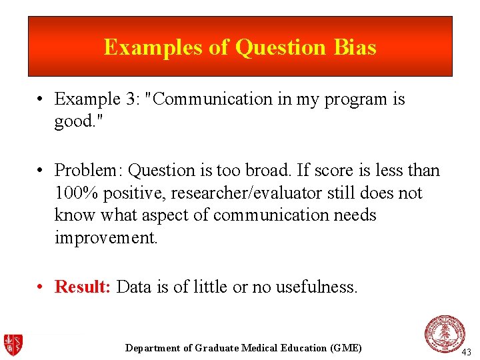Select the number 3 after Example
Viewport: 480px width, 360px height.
(131, 99)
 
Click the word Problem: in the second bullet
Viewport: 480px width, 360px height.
(89, 171)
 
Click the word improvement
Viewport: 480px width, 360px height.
(105, 238)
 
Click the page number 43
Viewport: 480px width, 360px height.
(466, 351)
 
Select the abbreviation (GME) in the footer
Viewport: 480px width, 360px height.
(346, 348)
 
